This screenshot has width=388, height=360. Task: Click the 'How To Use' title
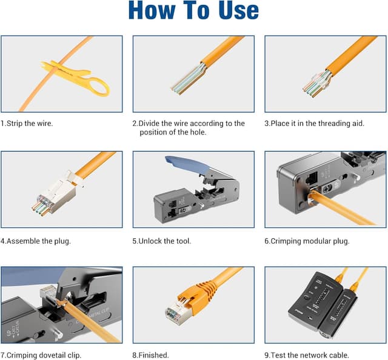pos(193,11)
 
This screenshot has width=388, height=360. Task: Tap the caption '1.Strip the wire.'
pos(27,123)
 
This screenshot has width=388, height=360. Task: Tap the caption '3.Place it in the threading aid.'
pos(314,123)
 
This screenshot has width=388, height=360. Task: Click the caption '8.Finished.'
pos(150,355)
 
